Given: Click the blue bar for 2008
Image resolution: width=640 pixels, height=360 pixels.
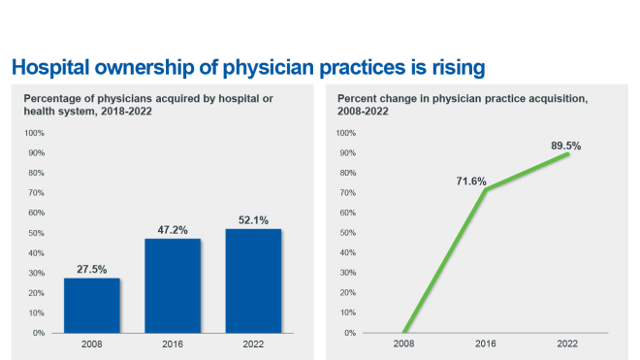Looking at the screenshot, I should click(x=92, y=305).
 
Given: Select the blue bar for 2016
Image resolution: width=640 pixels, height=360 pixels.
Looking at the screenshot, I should click(x=173, y=285).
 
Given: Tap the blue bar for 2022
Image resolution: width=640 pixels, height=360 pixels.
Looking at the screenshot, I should click(x=253, y=280).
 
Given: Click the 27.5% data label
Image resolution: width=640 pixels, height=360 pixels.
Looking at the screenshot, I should click(x=92, y=270).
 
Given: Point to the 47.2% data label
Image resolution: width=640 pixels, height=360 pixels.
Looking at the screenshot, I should click(x=173, y=230).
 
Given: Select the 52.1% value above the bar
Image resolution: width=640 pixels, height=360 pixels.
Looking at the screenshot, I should click(x=253, y=220).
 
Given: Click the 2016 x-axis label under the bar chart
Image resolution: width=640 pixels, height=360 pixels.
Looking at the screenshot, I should click(x=173, y=344).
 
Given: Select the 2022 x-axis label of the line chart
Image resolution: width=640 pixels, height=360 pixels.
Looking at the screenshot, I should click(x=568, y=344).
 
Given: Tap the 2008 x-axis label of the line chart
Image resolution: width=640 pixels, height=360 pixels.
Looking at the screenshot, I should click(x=403, y=344).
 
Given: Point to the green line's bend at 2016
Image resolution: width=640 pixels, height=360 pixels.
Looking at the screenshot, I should click(x=486, y=189).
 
